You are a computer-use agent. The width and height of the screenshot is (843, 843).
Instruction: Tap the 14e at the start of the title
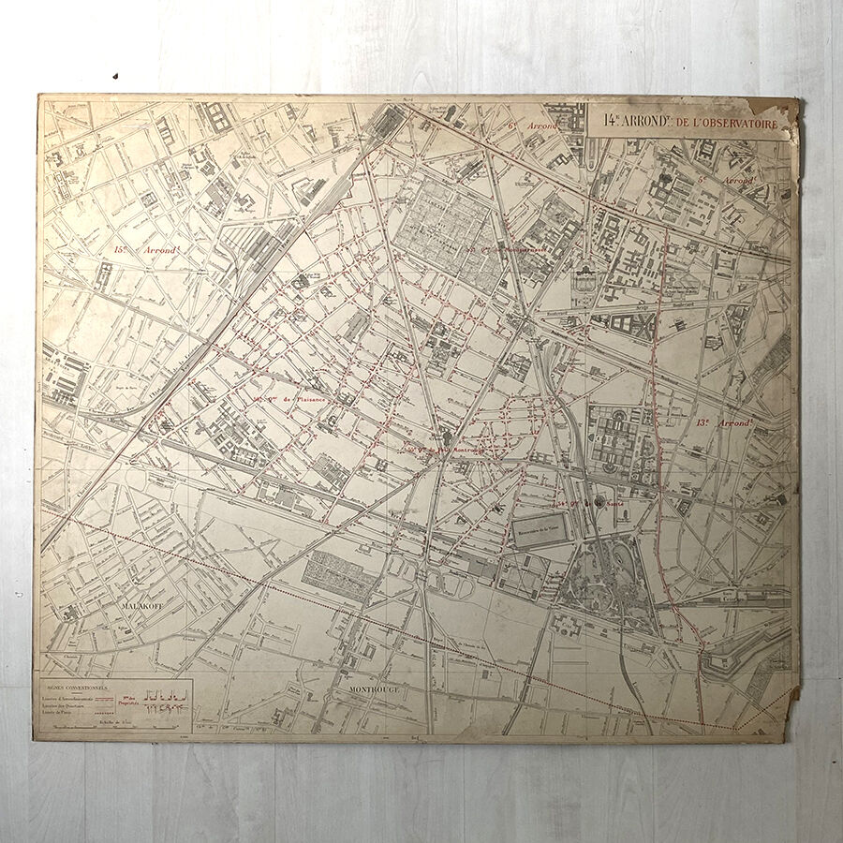(611, 120)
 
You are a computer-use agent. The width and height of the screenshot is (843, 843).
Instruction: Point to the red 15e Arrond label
(146, 250)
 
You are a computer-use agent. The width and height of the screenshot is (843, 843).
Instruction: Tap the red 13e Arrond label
(725, 423)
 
